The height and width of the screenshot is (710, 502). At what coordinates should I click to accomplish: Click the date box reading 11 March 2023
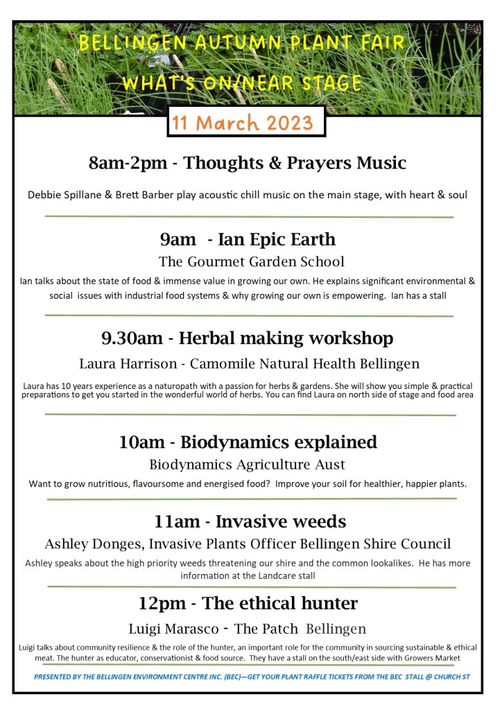[x=246, y=123]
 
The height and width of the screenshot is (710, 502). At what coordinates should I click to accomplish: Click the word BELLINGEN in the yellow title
[x=132, y=44]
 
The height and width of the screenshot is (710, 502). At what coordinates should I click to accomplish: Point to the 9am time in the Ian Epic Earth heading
[x=178, y=240]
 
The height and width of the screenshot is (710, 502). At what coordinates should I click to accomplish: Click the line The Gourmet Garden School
[x=251, y=262]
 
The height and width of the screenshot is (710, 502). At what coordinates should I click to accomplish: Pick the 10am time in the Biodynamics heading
[x=141, y=442]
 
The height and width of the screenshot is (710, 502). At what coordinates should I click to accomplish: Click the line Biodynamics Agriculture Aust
[x=247, y=464]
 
